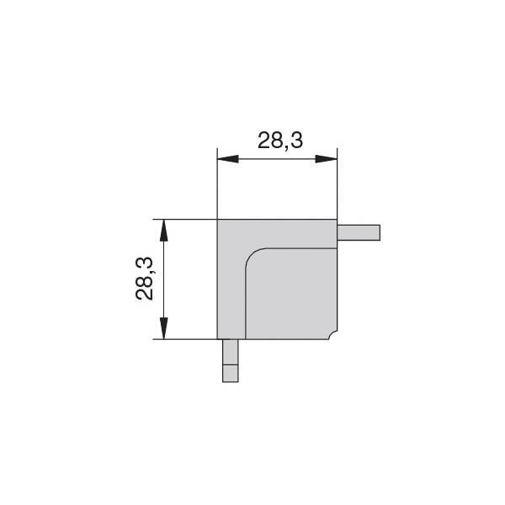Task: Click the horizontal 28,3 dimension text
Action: tap(280, 141)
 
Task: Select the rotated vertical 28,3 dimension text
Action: tap(144, 279)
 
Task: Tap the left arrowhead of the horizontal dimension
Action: tap(228, 159)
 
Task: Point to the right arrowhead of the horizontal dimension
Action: tap(326, 159)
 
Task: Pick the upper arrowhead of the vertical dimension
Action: tap(164, 231)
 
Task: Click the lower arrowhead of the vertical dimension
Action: tap(164, 328)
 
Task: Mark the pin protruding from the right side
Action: tap(359, 232)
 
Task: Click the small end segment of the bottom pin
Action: tap(231, 373)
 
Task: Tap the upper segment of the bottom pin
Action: tap(231, 352)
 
